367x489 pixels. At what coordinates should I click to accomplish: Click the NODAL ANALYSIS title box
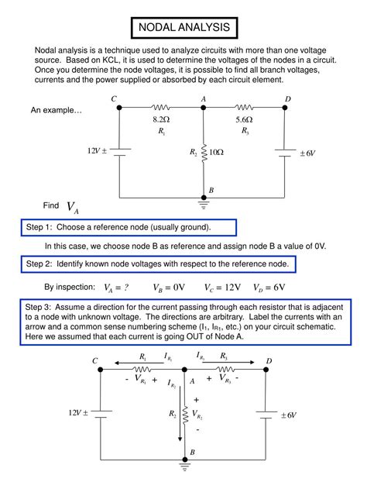(183, 29)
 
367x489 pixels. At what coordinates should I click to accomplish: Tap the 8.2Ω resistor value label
(160, 120)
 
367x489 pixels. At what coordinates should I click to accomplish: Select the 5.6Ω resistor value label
(244, 120)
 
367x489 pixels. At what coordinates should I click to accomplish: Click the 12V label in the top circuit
(96, 150)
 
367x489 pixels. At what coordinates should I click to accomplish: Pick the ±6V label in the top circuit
(307, 153)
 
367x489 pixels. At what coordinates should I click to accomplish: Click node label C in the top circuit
(114, 98)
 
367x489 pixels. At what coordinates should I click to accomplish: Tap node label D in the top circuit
(287, 98)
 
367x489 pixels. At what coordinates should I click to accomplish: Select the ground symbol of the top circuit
(204, 206)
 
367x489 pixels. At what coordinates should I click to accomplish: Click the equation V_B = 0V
(168, 288)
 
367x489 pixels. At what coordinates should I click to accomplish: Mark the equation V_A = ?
(116, 288)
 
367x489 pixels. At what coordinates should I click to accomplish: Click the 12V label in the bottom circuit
(78, 413)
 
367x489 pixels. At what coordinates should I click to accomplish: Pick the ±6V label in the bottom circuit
(288, 415)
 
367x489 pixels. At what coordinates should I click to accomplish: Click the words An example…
(57, 112)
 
